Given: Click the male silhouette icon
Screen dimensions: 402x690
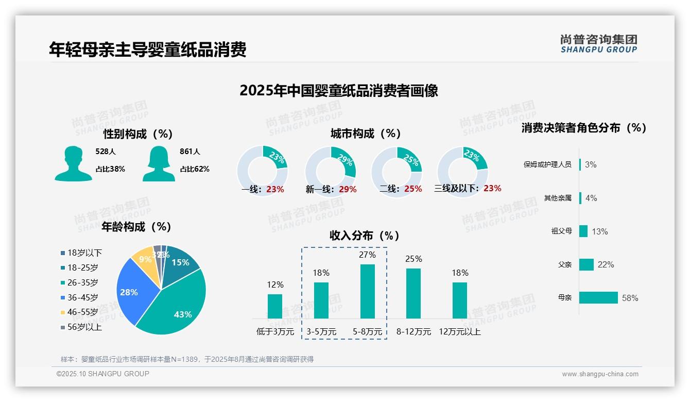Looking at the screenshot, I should [74, 163].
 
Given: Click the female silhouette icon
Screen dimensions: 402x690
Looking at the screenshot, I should [159, 163].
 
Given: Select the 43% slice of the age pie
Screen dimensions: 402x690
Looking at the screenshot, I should [175, 304].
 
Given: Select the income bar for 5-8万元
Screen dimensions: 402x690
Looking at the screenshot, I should [367, 291].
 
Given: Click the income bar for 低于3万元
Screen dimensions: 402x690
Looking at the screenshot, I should [275, 306].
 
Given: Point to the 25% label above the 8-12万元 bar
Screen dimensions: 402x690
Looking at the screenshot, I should [413, 259].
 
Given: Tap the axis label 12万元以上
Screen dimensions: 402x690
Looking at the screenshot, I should [460, 332].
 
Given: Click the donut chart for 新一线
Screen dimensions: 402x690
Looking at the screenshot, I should [331, 171].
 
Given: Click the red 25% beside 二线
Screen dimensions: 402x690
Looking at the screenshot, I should [413, 189].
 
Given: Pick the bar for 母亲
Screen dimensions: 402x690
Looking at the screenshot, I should [598, 298].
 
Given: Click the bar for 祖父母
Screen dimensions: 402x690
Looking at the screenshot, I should [583, 231].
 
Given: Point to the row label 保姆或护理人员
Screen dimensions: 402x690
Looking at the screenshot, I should [547, 165].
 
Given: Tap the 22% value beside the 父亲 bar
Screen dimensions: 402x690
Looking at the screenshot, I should [606, 265].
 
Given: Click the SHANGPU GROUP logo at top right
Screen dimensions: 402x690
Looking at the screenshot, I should [598, 44].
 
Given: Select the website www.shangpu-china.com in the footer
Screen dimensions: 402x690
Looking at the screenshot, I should [600, 374].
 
